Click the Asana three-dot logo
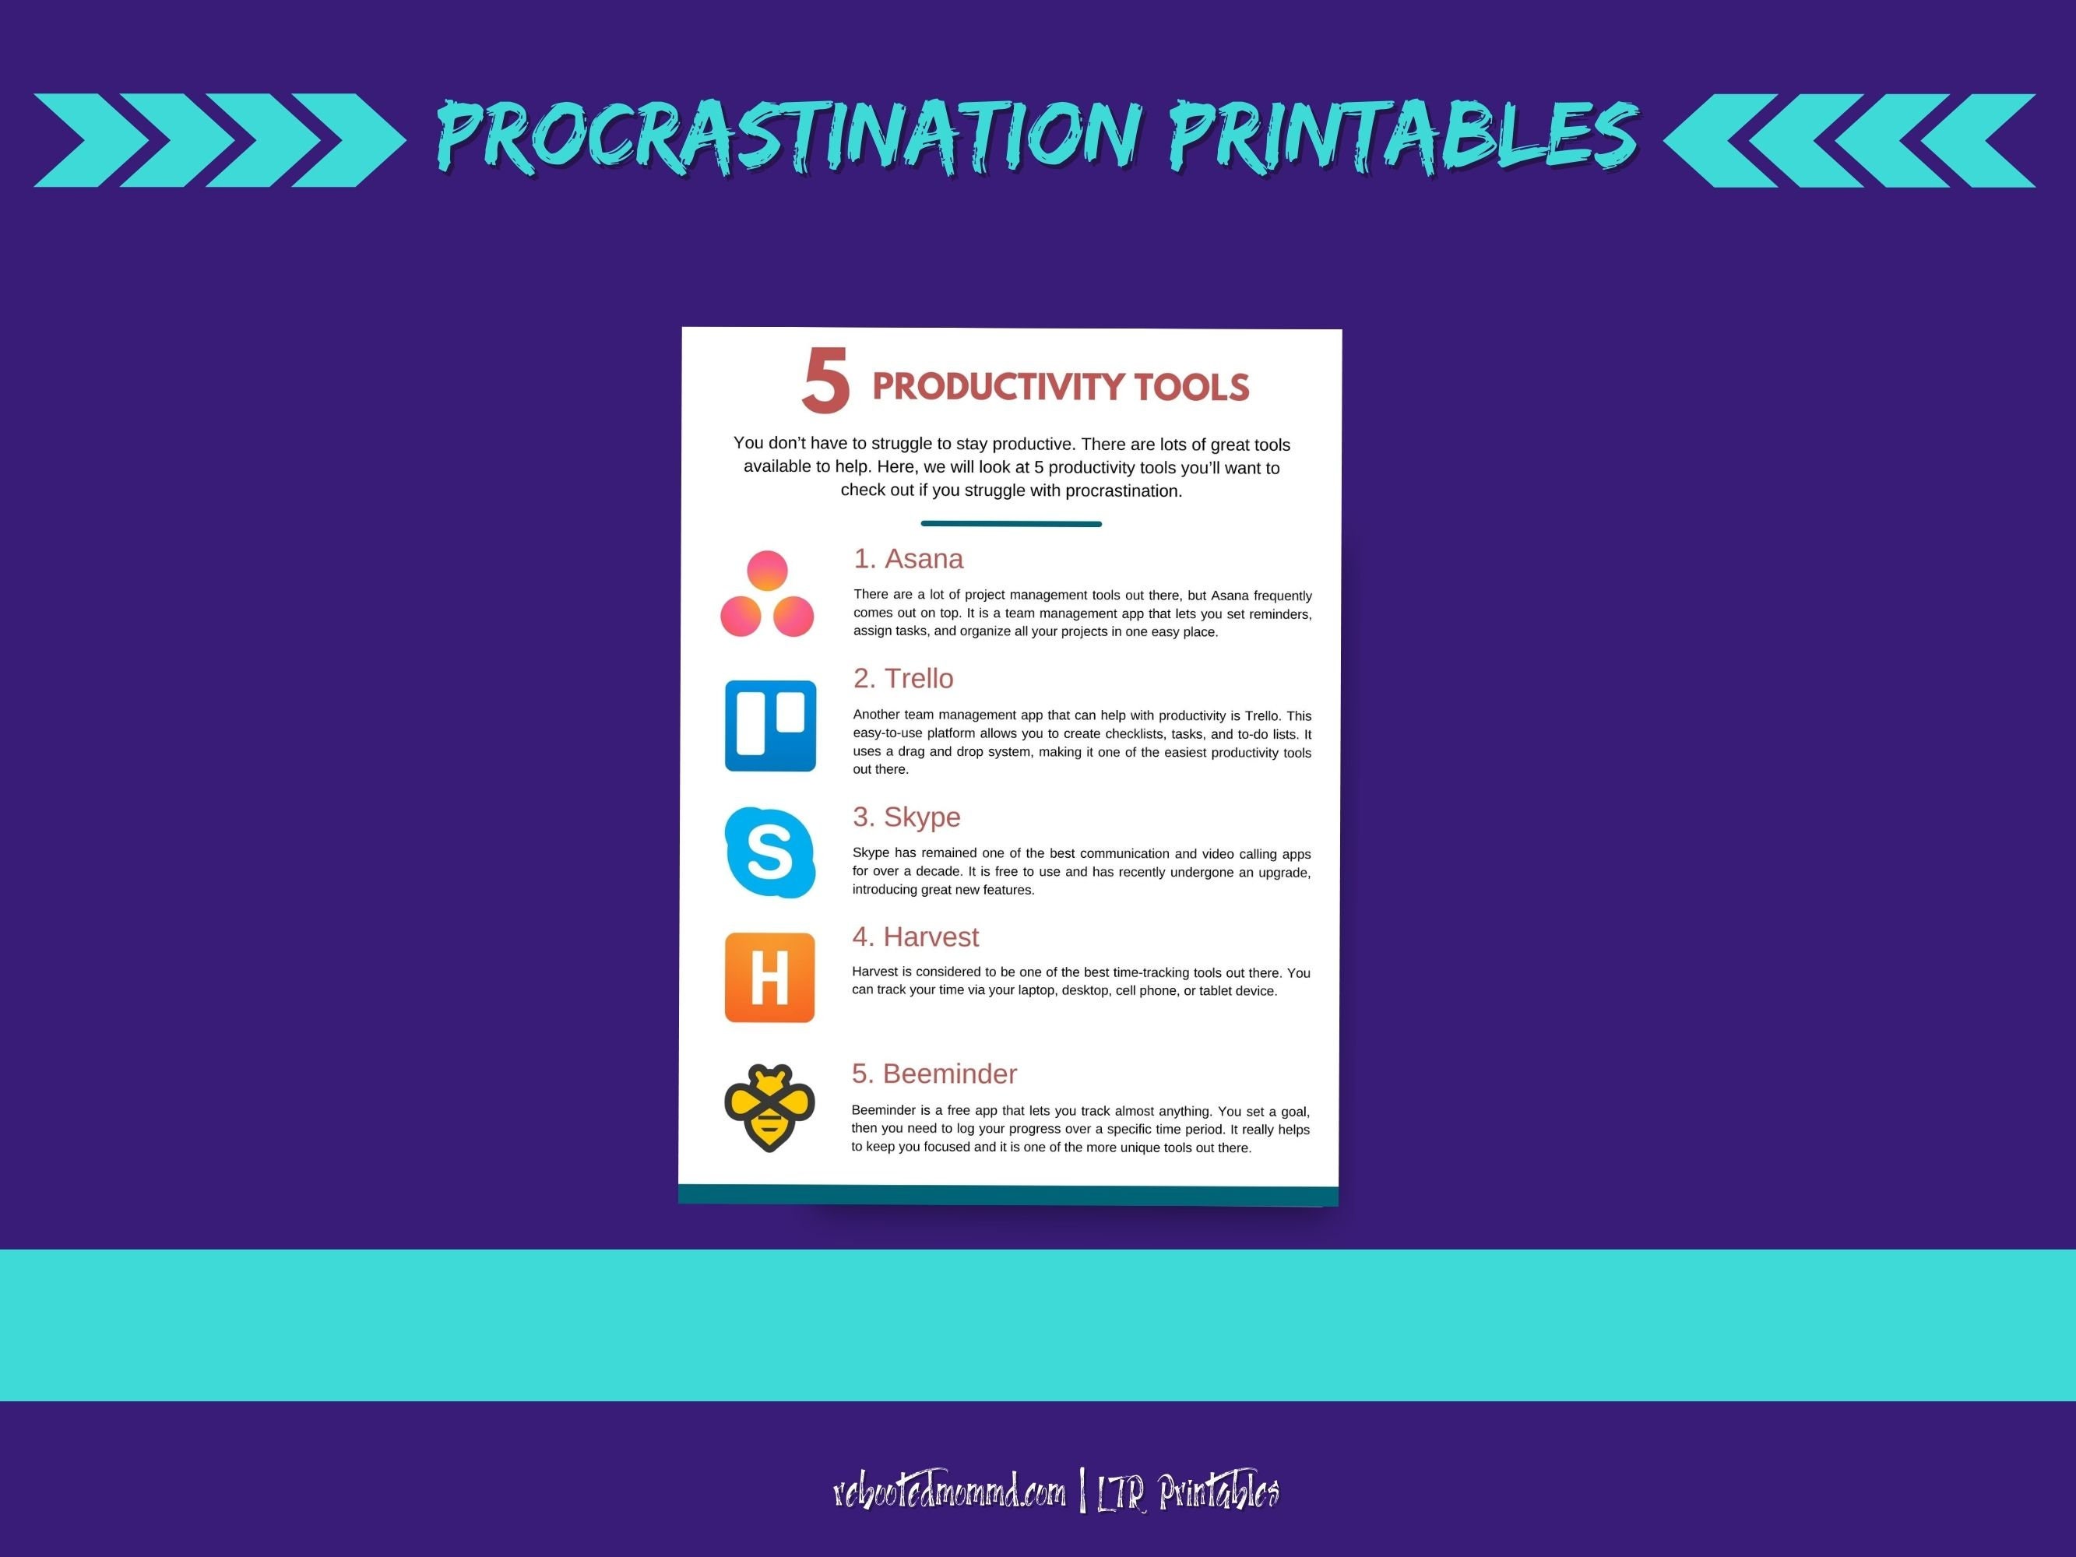(x=767, y=594)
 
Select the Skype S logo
(x=769, y=852)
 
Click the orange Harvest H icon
(x=769, y=977)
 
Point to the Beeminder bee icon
(x=769, y=1108)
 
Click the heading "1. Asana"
(x=907, y=560)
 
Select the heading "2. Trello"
(x=903, y=679)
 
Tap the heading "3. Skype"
(x=906, y=817)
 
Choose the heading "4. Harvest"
(x=915, y=937)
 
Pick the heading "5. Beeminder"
(x=934, y=1074)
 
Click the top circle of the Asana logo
(x=767, y=570)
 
